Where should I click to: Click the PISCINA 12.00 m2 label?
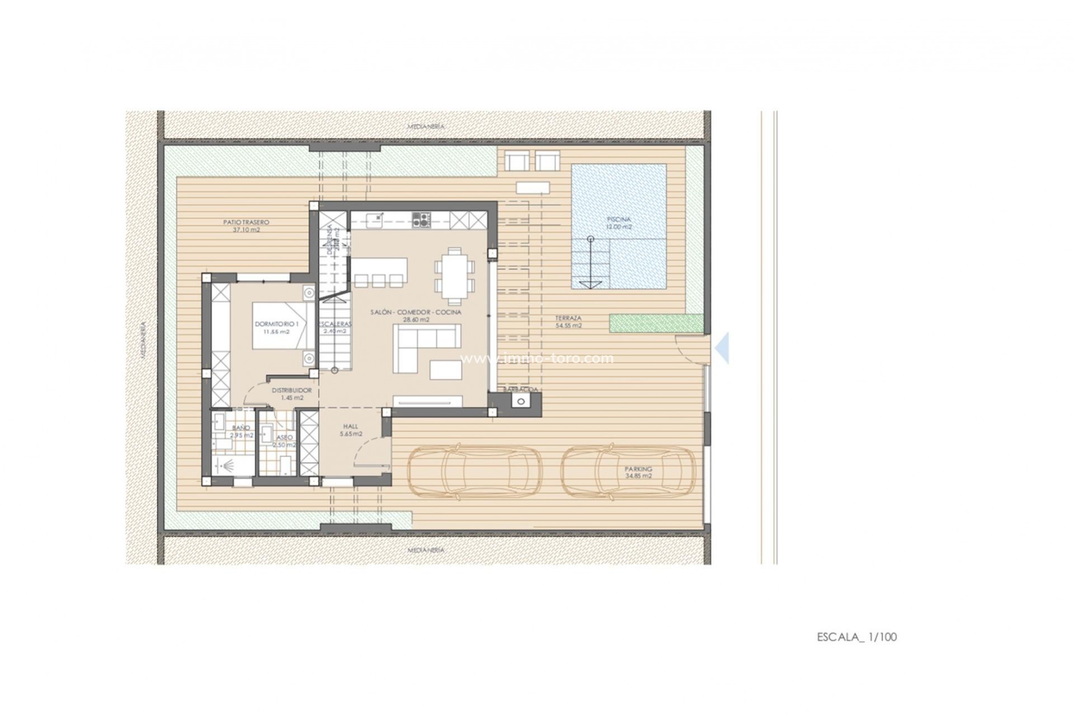(x=619, y=223)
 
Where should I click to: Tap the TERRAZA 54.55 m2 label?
(x=568, y=322)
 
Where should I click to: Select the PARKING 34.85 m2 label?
(x=638, y=473)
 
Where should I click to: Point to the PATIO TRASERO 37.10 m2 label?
(x=242, y=225)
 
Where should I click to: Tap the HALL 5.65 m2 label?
(x=351, y=430)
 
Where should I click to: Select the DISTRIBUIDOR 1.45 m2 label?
(x=291, y=394)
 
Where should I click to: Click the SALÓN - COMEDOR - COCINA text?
(x=416, y=312)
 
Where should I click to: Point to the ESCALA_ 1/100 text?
(x=856, y=637)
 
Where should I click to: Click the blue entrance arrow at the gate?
(x=723, y=348)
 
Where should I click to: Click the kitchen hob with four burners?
(x=421, y=219)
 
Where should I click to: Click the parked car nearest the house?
(x=471, y=472)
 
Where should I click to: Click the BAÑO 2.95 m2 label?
(x=242, y=431)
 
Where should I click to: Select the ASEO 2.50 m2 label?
(x=284, y=441)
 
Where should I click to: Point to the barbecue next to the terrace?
(x=521, y=401)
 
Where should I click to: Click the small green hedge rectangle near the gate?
(x=656, y=323)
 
